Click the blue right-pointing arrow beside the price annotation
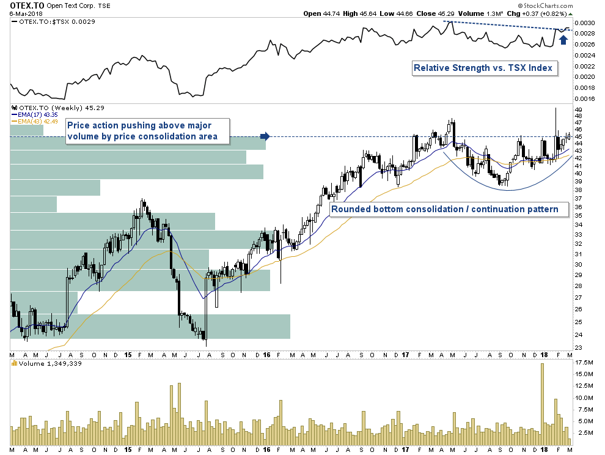click(265, 136)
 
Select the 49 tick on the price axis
click(579, 109)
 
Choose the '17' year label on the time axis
click(405, 355)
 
